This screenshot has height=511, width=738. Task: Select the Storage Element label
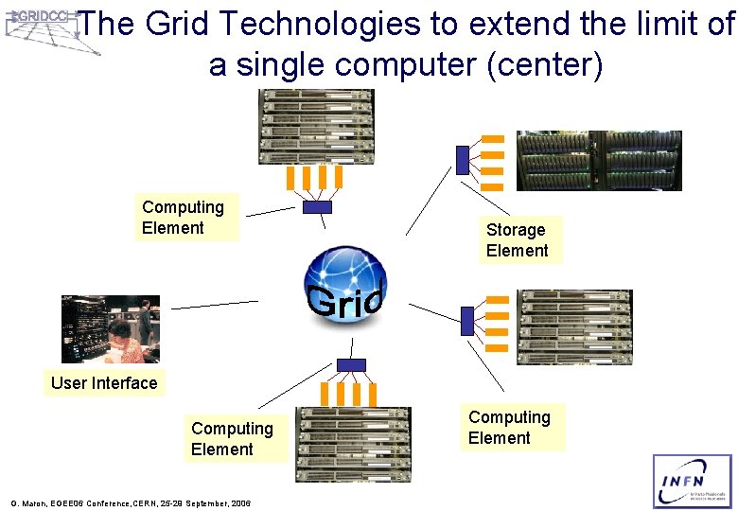(518, 240)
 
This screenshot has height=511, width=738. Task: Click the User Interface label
(104, 383)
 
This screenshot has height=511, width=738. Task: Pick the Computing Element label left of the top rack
(184, 218)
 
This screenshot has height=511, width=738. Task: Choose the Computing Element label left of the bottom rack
(233, 439)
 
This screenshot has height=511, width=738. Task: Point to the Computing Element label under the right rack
(509, 428)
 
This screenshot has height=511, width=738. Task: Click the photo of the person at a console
(111, 329)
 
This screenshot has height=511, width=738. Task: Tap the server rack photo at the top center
(317, 127)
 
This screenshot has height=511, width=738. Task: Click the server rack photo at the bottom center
(354, 445)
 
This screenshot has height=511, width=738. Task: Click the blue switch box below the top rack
(317, 206)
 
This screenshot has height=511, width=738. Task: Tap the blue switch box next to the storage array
(463, 160)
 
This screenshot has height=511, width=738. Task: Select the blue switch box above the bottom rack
(351, 365)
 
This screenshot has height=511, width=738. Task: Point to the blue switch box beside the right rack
(466, 322)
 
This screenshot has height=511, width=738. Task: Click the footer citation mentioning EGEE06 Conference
(130, 503)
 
